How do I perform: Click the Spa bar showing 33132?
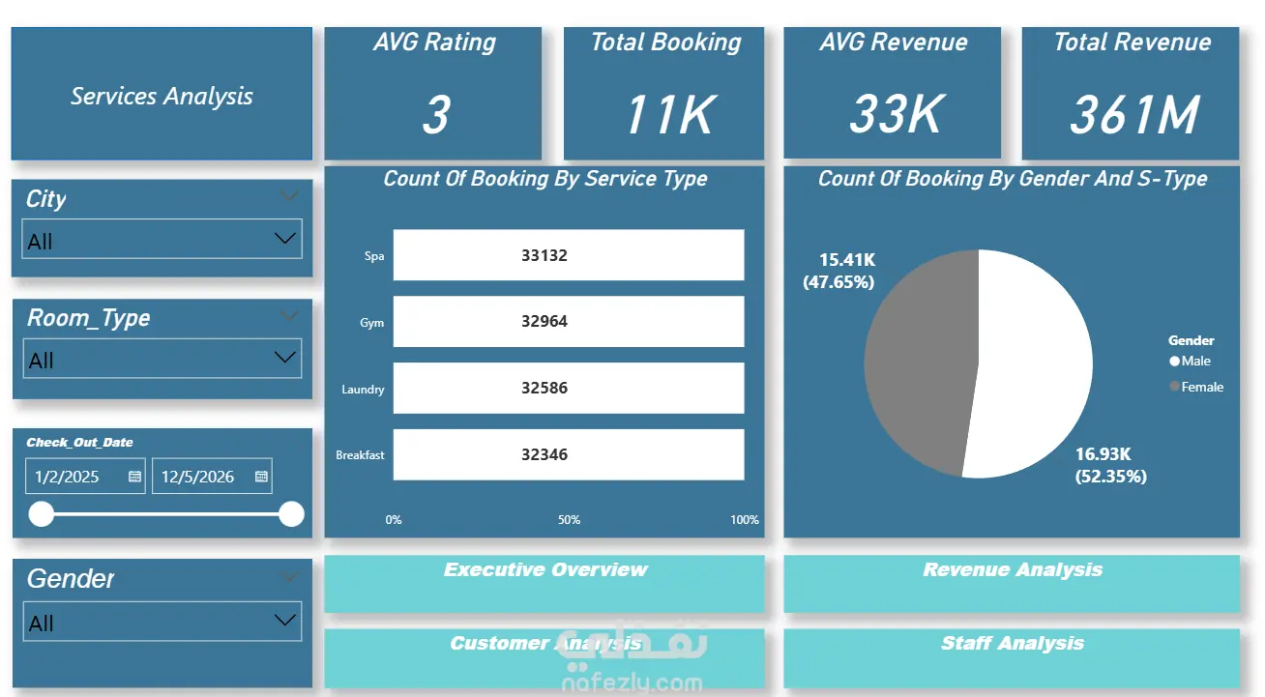click(569, 254)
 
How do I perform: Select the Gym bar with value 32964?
click(569, 321)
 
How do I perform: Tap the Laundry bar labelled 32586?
click(569, 388)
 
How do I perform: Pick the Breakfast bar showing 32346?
click(569, 454)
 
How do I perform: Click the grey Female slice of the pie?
click(921, 362)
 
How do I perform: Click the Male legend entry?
click(1190, 362)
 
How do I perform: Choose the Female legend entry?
click(1196, 387)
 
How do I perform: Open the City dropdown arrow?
click(285, 238)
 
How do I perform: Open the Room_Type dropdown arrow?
click(285, 358)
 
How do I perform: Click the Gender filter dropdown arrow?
click(285, 621)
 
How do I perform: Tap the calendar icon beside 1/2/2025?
click(134, 477)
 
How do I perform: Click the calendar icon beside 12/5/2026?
click(261, 477)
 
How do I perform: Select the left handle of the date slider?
click(42, 514)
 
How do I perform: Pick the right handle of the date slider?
click(291, 514)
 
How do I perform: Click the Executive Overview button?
click(544, 584)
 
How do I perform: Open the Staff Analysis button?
click(1012, 657)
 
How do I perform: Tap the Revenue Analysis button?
click(1012, 584)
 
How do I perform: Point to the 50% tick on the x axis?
click(569, 520)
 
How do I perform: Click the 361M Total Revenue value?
click(1134, 115)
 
